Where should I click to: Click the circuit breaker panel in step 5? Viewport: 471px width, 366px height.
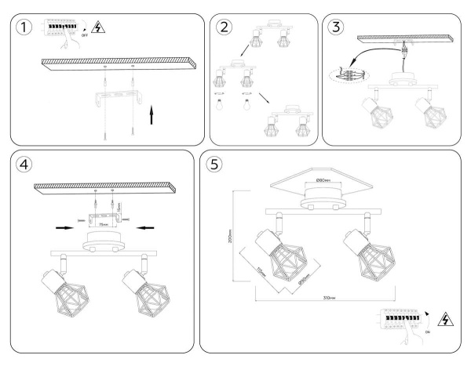[399, 321]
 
